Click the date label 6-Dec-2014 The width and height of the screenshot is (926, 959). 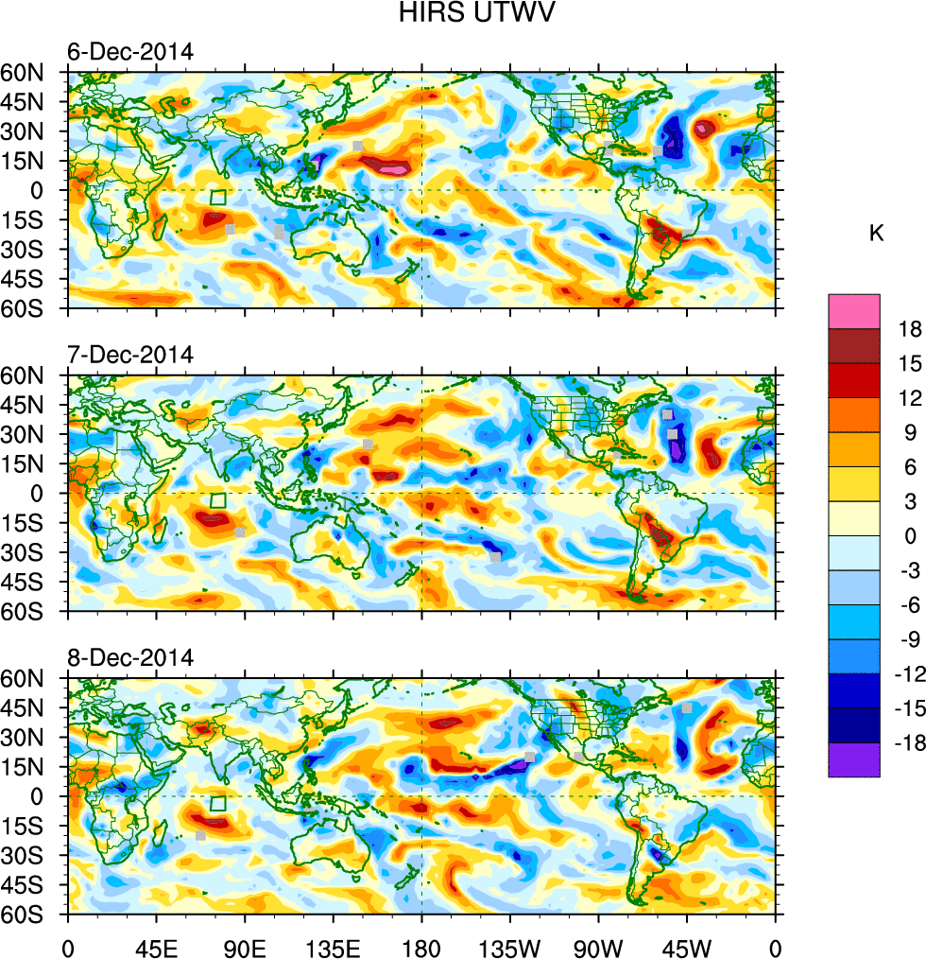[x=129, y=52]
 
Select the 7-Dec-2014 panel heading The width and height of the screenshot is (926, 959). [x=129, y=355]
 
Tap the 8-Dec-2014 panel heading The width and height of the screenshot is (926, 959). [x=129, y=657]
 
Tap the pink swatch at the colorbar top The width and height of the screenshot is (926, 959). [x=854, y=311]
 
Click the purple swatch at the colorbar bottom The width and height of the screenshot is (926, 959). [x=854, y=759]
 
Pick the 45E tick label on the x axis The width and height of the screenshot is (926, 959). [x=156, y=946]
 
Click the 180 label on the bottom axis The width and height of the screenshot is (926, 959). [x=421, y=946]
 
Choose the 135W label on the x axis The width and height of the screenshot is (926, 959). [x=509, y=946]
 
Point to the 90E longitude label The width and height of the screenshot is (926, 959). [x=245, y=946]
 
